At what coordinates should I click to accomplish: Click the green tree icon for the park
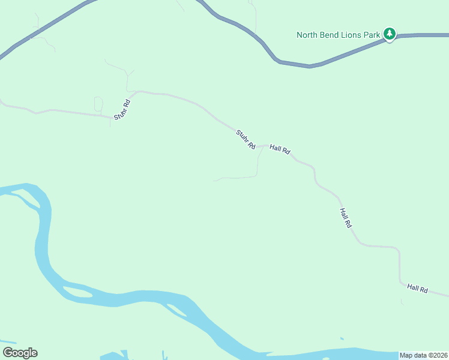(390, 34)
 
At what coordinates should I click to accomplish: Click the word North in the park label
(309, 35)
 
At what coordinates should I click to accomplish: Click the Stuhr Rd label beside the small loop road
(122, 109)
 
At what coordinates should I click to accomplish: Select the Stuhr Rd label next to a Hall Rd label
(246, 140)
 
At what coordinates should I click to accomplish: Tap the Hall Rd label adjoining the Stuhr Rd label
(280, 149)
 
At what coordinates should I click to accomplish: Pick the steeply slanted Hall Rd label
(345, 218)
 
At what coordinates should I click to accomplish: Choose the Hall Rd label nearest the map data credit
(417, 289)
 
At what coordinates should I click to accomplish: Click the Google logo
(20, 353)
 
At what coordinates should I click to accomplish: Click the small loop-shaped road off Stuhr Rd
(98, 104)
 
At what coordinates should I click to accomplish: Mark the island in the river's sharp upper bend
(23, 196)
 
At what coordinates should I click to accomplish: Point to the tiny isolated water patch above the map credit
(342, 339)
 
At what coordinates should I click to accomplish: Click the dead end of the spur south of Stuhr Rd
(214, 179)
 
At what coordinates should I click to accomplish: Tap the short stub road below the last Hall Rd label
(402, 300)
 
